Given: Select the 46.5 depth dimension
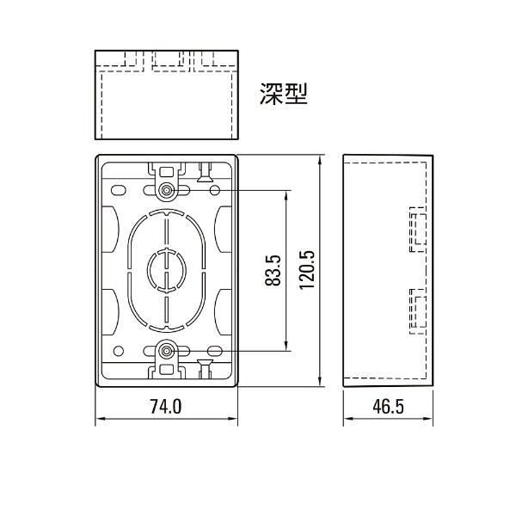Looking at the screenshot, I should tap(389, 406).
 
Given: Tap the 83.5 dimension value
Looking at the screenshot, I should tap(273, 270).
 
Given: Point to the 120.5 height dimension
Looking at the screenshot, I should tap(308, 270).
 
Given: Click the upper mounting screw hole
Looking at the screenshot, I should tap(166, 189).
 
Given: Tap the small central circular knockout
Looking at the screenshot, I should tap(164, 269).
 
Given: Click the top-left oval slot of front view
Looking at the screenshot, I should tap(118, 188).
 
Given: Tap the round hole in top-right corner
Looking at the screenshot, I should tap(212, 188).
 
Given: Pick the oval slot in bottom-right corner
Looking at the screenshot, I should tap(212, 351).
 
